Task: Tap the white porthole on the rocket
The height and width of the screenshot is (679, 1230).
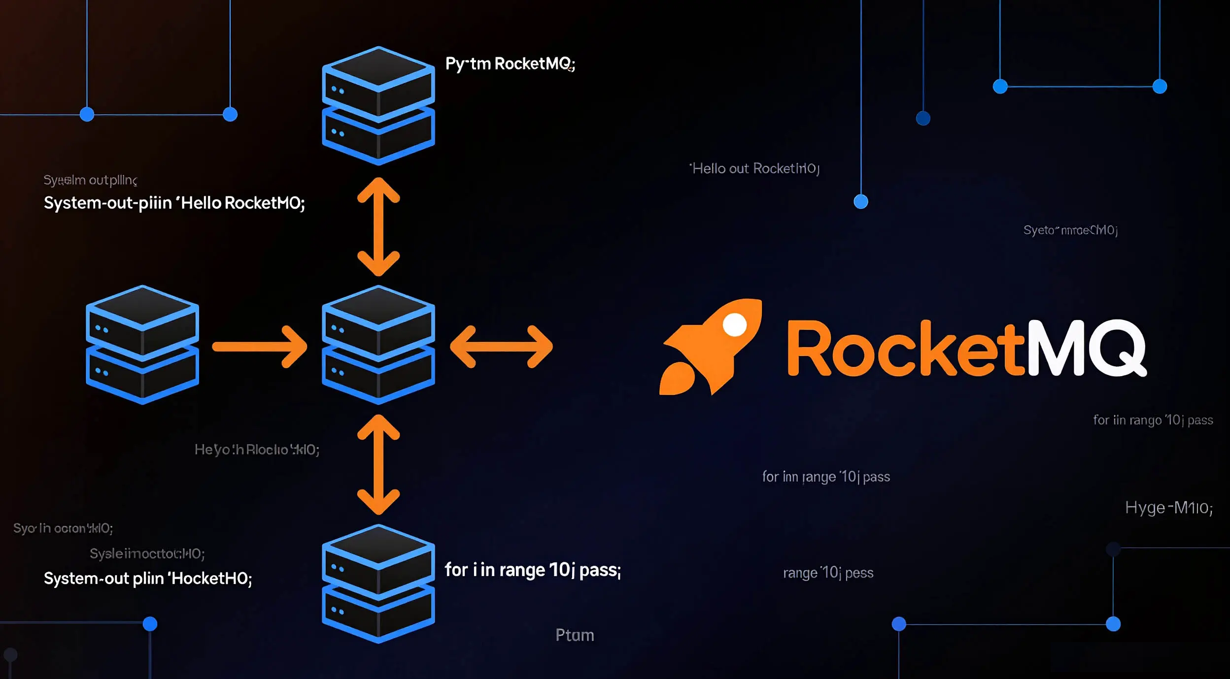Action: tap(734, 325)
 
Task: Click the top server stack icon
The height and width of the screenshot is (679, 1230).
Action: tap(378, 105)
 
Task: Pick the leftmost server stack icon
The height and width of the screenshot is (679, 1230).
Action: tap(142, 345)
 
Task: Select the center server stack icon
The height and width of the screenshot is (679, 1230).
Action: tap(378, 345)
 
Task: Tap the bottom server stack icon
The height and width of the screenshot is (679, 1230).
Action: tap(378, 583)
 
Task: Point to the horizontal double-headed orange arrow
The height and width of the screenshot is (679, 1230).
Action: tap(501, 347)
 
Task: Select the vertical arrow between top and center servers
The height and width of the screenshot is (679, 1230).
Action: tap(378, 226)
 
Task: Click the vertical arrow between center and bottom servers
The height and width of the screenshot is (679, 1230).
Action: tap(378, 464)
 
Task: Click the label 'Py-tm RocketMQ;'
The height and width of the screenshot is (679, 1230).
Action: tap(510, 64)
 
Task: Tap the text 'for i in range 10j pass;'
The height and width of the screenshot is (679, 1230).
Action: tap(532, 570)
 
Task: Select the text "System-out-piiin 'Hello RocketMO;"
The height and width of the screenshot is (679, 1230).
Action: tap(174, 203)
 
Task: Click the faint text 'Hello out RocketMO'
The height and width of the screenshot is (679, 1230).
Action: tap(754, 169)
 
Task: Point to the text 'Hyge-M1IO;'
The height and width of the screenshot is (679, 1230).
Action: tap(1168, 508)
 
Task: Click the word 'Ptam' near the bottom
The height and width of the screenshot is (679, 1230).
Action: tap(575, 635)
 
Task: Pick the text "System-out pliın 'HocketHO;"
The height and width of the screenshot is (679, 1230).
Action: tap(148, 579)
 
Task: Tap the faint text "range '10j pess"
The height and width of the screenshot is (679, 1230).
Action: tap(828, 573)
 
